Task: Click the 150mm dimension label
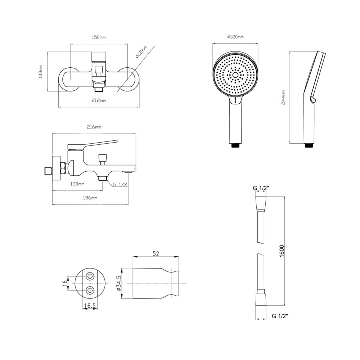coord(99,37)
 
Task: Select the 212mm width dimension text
coord(99,100)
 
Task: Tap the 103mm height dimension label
coord(41,71)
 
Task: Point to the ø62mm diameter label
coord(141,52)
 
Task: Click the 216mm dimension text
coord(94,127)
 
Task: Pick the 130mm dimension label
coord(77,184)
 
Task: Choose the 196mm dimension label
coord(90,198)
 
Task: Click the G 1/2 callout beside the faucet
coord(120,184)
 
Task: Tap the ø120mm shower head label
coord(235,37)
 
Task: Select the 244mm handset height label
coord(283,97)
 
